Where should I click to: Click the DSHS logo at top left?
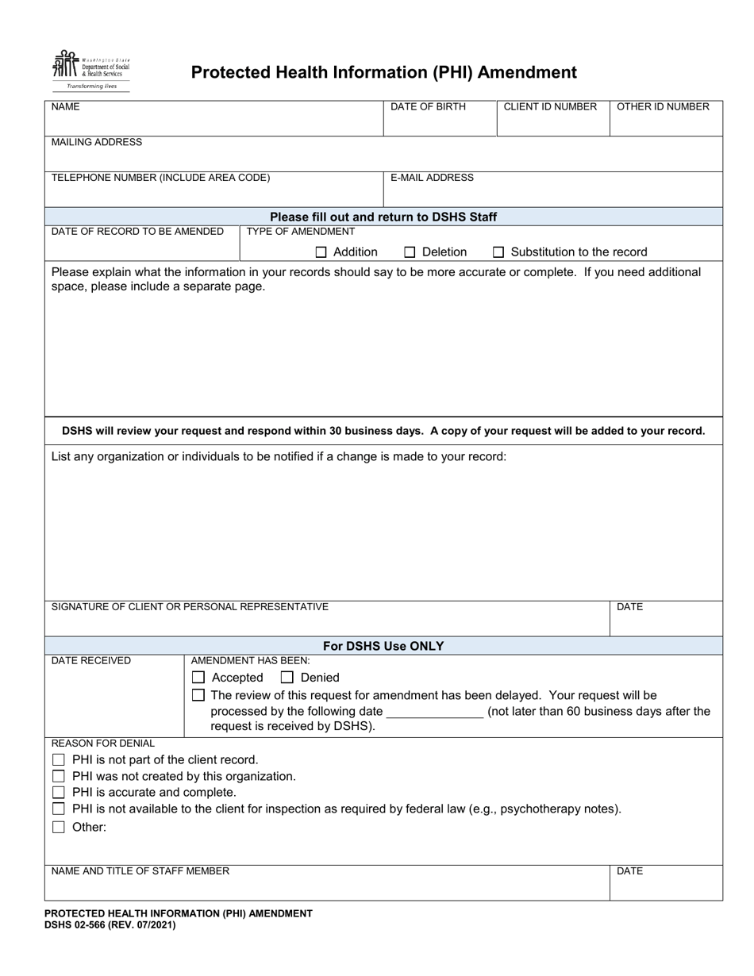click(x=90, y=71)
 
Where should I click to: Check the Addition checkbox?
click(x=321, y=252)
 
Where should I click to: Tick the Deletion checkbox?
click(x=410, y=252)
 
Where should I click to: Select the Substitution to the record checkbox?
click(x=498, y=252)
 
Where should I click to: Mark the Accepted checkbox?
click(x=199, y=678)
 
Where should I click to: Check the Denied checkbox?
click(x=287, y=678)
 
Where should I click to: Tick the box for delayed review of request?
click(x=199, y=695)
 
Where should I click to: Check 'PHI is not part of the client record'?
click(x=59, y=760)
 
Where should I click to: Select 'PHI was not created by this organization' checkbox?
click(x=59, y=776)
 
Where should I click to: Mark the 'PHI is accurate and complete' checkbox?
click(x=59, y=793)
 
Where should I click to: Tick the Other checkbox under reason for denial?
click(x=59, y=827)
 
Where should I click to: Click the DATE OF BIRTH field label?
click(x=428, y=107)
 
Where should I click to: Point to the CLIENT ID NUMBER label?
click(x=550, y=107)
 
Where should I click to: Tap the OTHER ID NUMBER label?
click(x=663, y=107)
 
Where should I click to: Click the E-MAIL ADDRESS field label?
click(x=432, y=178)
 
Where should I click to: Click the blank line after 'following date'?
click(x=434, y=712)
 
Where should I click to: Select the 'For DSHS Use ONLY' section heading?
click(x=383, y=646)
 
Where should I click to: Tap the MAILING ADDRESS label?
click(x=97, y=142)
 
